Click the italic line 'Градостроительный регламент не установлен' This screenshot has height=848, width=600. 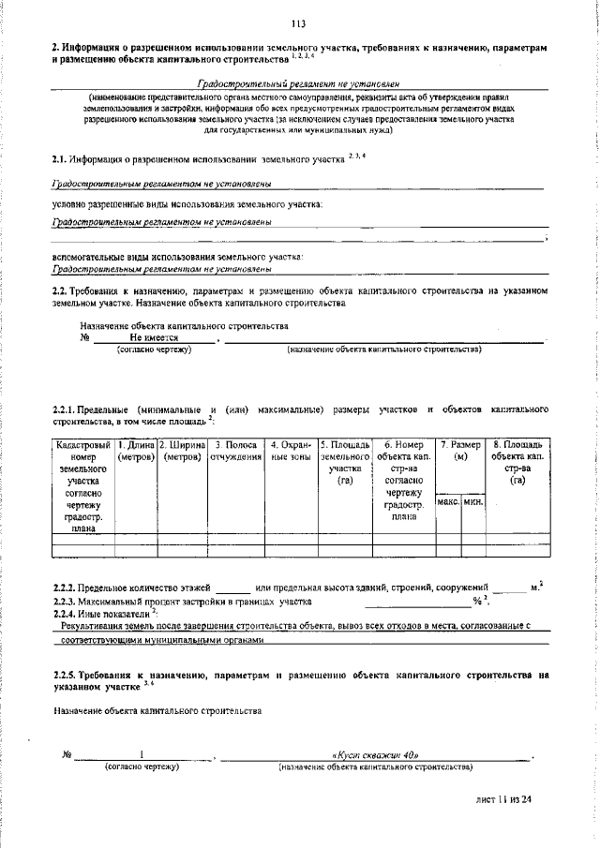click(x=299, y=84)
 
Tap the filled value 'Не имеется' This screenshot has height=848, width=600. click(x=154, y=336)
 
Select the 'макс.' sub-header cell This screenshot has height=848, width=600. click(x=448, y=503)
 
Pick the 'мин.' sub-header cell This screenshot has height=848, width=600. click(x=472, y=503)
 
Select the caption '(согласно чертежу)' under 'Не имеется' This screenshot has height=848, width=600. click(x=153, y=349)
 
